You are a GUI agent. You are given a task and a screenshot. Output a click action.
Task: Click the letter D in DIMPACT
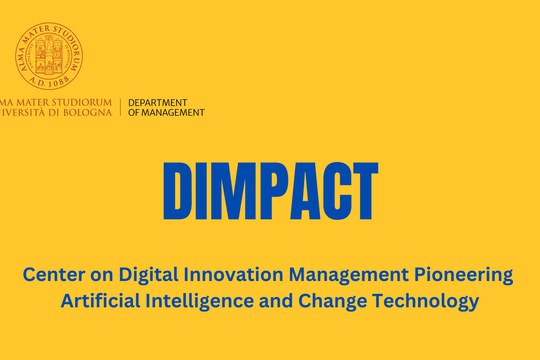click(180, 191)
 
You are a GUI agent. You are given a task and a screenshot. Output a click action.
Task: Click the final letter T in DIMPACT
click(362, 191)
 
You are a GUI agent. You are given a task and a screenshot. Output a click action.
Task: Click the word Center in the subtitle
click(52, 274)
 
